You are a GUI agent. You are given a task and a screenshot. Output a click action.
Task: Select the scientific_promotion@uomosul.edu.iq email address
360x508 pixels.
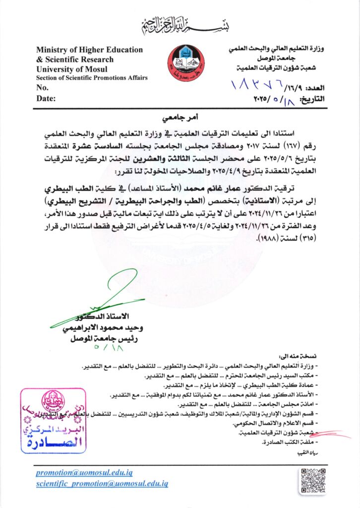[102, 483]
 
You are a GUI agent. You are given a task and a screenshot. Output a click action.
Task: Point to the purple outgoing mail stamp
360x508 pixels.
[53, 421]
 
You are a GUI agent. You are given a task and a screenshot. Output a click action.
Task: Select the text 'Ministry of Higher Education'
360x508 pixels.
[89, 50]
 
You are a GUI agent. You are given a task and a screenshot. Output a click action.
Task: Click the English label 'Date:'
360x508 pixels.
[46, 98]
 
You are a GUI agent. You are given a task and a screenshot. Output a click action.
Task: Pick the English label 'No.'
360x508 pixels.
[42, 87]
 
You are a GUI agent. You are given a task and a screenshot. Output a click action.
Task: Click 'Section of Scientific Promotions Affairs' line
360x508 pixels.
[91, 78]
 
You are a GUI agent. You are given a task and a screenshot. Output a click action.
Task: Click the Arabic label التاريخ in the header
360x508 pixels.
[312, 99]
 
